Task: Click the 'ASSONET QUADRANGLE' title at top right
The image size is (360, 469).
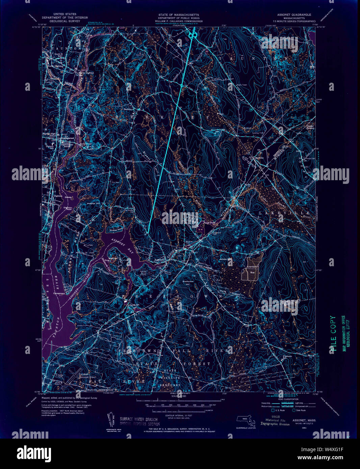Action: [x=294, y=15]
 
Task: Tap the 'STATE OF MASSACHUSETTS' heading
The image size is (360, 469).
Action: [x=179, y=15]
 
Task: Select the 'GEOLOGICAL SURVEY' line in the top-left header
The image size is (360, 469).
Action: [x=65, y=21]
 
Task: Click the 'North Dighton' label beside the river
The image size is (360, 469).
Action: [x=86, y=73]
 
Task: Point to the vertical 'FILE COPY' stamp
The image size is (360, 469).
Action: [x=333, y=334]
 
